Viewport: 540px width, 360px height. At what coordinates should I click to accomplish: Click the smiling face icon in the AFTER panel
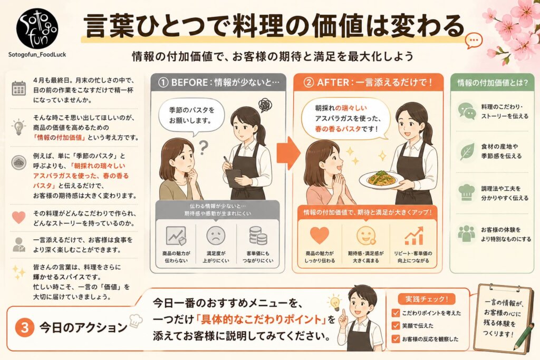click(365, 235)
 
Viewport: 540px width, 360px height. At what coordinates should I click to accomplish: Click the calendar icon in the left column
click(19, 88)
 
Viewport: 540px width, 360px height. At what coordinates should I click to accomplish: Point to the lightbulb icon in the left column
click(19, 127)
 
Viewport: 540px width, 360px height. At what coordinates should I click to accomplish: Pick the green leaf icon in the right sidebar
click(467, 151)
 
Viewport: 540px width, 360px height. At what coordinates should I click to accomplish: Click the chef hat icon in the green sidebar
click(467, 191)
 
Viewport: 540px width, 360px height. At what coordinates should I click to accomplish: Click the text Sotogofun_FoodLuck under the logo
click(37, 54)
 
